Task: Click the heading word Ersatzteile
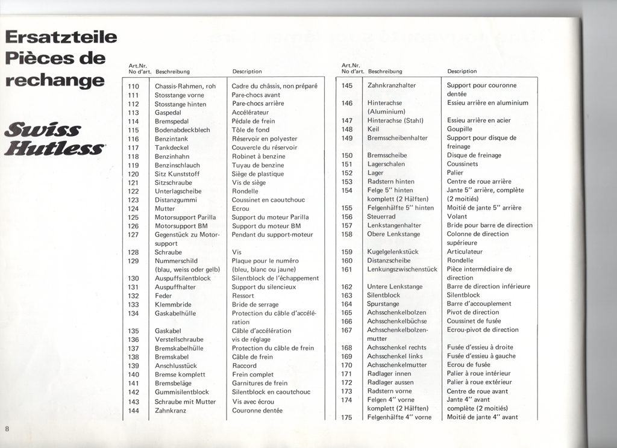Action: pos(60,38)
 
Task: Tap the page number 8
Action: pos(7,428)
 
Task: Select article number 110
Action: pos(134,86)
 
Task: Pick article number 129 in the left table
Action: pos(134,261)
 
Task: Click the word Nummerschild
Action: pos(177,261)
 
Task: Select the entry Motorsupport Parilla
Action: pos(181,217)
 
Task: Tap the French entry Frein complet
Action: pos(252,375)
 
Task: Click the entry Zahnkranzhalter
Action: pos(392,86)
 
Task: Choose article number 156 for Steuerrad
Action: pos(346,217)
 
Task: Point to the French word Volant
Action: pos(457,217)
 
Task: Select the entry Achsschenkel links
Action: pos(394,356)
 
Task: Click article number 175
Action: pos(346,417)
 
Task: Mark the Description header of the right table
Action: pos(462,71)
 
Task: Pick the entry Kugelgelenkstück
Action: pos(393,252)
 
